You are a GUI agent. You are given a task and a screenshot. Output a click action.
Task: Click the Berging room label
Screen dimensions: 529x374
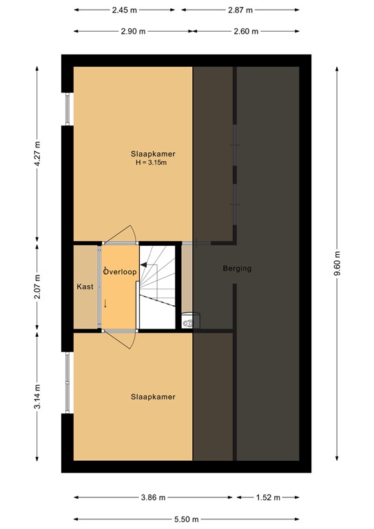[x=237, y=269]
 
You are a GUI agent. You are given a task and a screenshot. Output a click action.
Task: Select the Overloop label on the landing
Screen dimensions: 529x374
[x=120, y=272]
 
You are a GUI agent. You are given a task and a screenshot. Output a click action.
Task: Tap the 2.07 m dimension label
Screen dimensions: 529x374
[x=38, y=287]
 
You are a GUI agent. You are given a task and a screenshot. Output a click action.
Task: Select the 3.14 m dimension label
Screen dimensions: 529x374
[x=38, y=397]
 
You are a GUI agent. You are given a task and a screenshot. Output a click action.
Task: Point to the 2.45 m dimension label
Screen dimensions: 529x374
[x=124, y=10]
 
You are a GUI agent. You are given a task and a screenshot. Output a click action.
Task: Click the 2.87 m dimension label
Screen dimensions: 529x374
[x=240, y=10]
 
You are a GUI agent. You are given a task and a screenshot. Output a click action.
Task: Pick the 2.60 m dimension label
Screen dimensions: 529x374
[x=246, y=32]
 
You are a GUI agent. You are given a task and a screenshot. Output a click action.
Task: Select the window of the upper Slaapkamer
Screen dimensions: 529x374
[x=67, y=109]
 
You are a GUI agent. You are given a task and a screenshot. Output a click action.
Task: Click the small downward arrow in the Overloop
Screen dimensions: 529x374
[x=105, y=303]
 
